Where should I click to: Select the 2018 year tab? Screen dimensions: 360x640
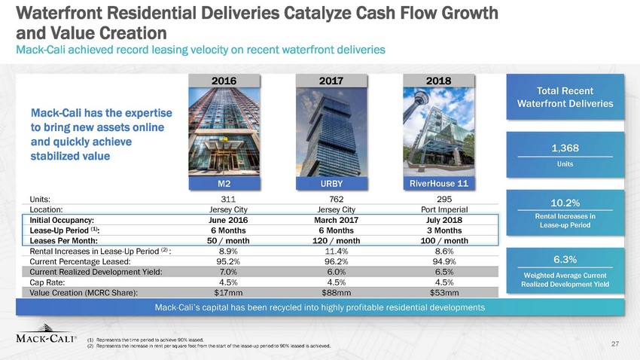coord(439,78)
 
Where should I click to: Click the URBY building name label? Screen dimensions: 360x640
coord(331,182)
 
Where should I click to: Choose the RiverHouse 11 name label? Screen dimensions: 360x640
coord(439,182)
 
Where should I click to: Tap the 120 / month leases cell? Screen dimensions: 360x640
coord(331,240)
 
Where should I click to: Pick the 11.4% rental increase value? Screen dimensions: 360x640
coord(331,251)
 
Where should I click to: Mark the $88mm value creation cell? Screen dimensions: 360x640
coord(331,291)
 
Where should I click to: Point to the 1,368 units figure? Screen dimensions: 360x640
coord(565,148)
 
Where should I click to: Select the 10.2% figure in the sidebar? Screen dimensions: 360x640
coord(565,202)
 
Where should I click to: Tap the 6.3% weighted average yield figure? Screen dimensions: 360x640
coord(565,259)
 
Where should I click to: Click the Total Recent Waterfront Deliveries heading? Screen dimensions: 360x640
coord(565,98)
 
